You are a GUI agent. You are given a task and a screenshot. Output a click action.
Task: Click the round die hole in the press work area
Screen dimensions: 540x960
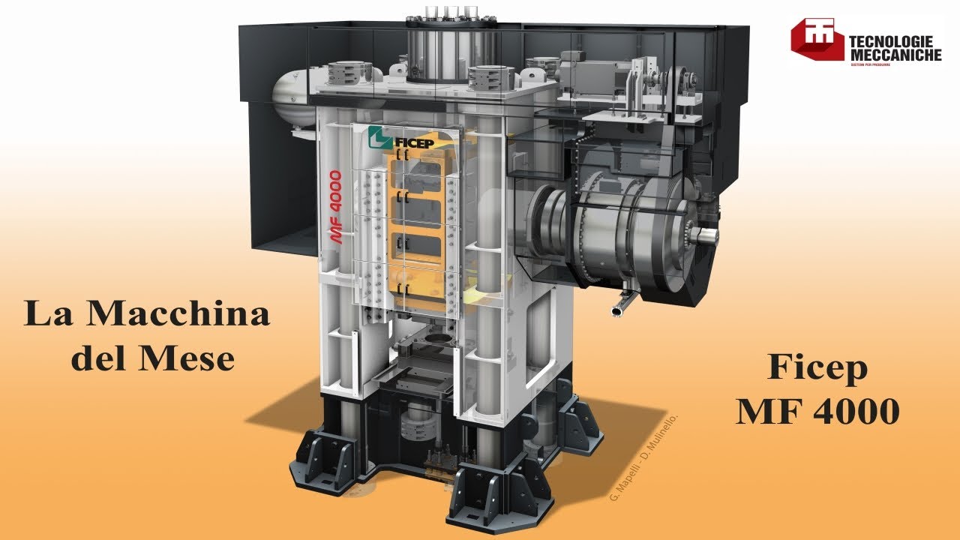pos(433,341)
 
